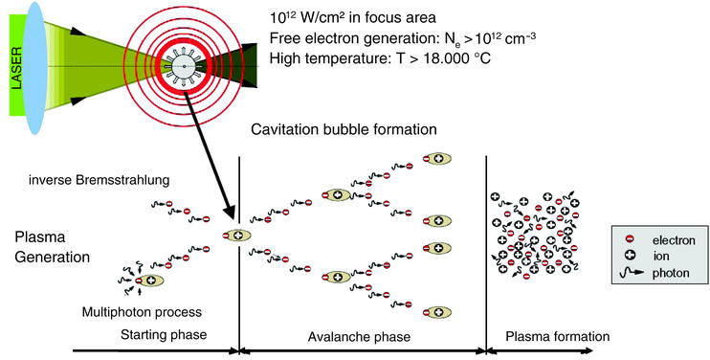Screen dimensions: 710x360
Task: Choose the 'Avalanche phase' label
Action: click(361, 338)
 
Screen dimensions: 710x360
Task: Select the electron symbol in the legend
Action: click(630, 239)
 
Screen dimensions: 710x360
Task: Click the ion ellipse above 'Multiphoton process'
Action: click(150, 281)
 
